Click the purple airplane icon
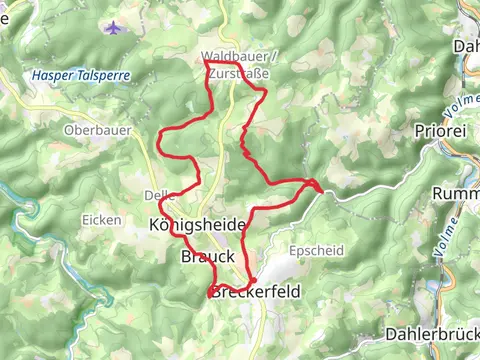pyautogui.click(x=112, y=27)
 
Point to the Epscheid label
pyautogui.click(x=307, y=249)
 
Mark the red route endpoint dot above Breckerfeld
pyautogui.click(x=253, y=280)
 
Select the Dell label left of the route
pyautogui.click(x=155, y=195)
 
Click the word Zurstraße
pyautogui.click(x=241, y=71)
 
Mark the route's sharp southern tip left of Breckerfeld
pyautogui.click(x=209, y=296)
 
